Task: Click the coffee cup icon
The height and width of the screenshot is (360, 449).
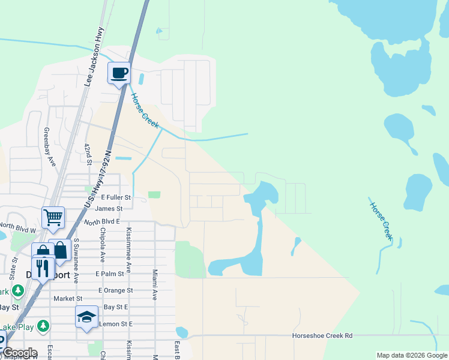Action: point(119,73)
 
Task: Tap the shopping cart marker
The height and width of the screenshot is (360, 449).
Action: point(53,218)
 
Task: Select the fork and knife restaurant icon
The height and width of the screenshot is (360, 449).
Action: point(42,267)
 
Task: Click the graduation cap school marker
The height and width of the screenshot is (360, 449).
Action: point(86,317)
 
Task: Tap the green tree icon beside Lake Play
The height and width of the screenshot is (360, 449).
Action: point(43,326)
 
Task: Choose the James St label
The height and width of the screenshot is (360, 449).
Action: point(109,209)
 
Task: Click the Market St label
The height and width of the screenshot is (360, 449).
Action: point(68,298)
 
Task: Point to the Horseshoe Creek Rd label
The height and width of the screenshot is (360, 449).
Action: point(322,336)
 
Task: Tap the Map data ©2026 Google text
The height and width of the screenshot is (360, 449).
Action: point(411,355)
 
